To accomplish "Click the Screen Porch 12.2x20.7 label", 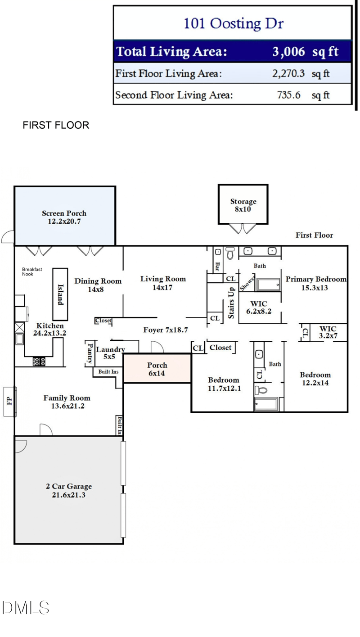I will click(x=64, y=217).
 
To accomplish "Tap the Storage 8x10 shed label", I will click(x=243, y=205).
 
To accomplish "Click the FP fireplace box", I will click(x=9, y=401).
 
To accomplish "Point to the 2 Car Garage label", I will click(x=68, y=490).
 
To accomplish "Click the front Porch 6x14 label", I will click(x=157, y=369).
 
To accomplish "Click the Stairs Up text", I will click(x=231, y=303).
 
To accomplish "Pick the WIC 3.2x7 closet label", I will click(x=328, y=332).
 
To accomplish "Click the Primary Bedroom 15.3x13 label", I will click(x=316, y=283).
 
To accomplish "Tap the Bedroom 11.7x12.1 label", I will click(x=224, y=384).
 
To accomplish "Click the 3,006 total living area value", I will click(x=288, y=52).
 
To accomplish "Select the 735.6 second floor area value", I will click(x=288, y=95).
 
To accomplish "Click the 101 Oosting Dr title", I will click(x=234, y=23).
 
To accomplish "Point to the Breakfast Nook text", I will click(x=32, y=271).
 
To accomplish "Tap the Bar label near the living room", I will click(x=217, y=267).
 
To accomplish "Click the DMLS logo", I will click(x=26, y=608).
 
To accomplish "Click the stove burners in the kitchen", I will click(x=39, y=361).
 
